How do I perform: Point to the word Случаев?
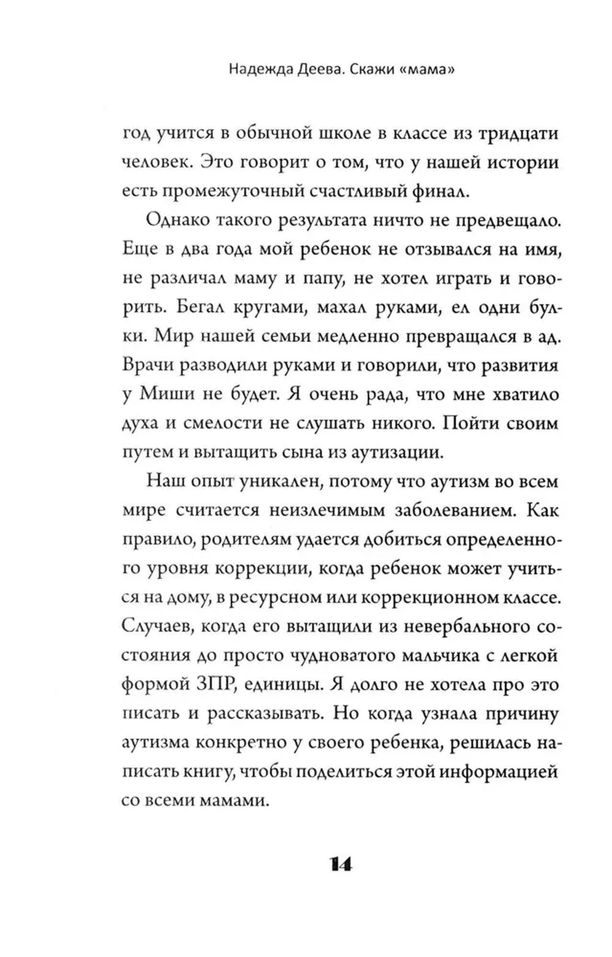[158, 627]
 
